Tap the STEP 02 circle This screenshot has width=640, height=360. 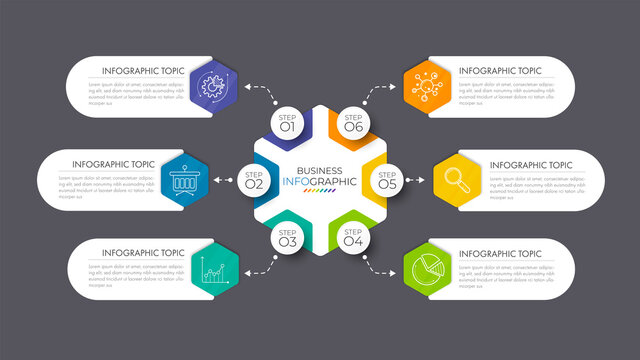[x=253, y=181]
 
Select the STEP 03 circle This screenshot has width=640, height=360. [x=287, y=238]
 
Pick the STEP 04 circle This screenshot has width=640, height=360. [x=353, y=238]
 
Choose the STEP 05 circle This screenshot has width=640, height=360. [x=387, y=181]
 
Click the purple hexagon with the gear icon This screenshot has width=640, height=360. [x=214, y=85]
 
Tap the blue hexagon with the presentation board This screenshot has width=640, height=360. [x=183, y=181]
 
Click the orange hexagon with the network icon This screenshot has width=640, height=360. [x=427, y=85]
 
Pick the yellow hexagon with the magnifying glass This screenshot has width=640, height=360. [x=457, y=181]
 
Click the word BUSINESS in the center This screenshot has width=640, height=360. [x=320, y=170]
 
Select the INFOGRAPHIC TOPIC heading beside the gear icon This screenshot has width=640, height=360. [x=143, y=71]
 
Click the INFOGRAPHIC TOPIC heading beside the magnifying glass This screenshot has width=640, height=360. [x=531, y=165]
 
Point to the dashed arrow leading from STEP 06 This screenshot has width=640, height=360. [x=381, y=93]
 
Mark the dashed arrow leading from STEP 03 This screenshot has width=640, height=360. [x=261, y=265]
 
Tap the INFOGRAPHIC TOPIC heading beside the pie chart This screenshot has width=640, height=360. [x=500, y=254]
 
